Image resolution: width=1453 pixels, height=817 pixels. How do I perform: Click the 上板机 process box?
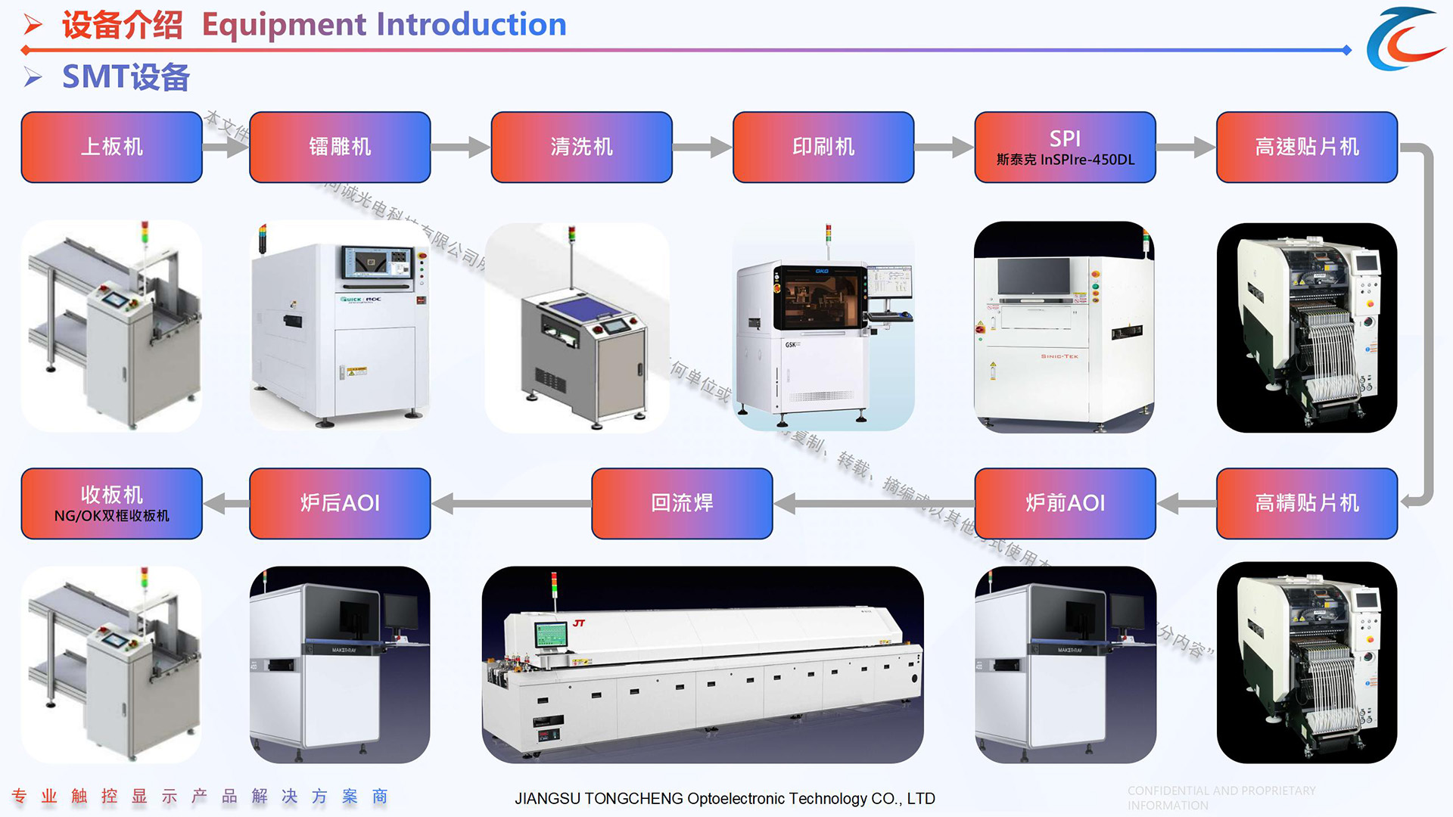click(x=111, y=147)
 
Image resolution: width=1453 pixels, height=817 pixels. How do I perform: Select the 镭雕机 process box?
click(x=340, y=147)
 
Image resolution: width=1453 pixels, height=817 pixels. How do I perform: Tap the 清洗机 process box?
click(x=581, y=147)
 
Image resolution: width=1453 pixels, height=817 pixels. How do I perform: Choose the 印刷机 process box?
click(x=823, y=147)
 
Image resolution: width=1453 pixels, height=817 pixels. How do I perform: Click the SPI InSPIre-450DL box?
click(x=1065, y=147)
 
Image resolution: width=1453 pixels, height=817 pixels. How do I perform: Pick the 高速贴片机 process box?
click(x=1307, y=147)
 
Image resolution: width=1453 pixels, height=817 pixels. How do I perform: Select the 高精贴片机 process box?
click(x=1307, y=503)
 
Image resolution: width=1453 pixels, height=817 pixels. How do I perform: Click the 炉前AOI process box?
click(x=1065, y=503)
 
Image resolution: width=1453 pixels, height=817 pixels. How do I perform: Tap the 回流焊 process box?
click(x=682, y=503)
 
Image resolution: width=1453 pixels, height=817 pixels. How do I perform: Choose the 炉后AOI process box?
click(x=340, y=503)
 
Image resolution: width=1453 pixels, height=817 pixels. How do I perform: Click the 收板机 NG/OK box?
click(x=111, y=503)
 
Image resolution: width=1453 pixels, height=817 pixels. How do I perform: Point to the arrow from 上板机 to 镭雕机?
click(x=226, y=147)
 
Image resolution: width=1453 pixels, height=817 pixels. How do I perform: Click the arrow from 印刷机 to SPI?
click(x=944, y=147)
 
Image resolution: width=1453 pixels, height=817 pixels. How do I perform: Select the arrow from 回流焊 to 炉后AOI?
click(x=511, y=503)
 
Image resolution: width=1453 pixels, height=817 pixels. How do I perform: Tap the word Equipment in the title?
click(x=284, y=25)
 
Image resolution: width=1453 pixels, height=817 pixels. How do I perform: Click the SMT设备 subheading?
click(x=126, y=77)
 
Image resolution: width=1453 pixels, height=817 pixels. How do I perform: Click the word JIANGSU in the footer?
click(x=547, y=799)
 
